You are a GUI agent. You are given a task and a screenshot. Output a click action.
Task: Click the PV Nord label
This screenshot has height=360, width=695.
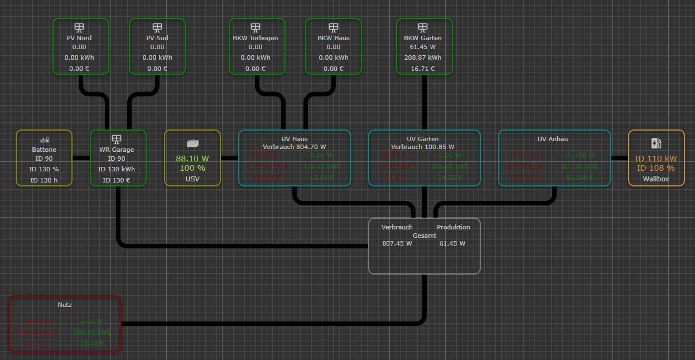click(79, 38)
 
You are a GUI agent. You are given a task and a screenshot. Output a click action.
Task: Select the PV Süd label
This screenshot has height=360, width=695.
click(157, 38)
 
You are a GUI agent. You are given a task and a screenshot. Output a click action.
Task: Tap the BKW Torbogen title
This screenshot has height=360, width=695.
click(255, 38)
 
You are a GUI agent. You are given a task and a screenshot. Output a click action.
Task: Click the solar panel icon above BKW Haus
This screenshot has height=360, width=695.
click(334, 27)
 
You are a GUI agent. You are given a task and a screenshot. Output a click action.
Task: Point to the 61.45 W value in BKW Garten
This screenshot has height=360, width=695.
click(423, 47)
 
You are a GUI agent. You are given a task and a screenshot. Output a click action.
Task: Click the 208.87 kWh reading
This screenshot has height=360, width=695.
click(423, 57)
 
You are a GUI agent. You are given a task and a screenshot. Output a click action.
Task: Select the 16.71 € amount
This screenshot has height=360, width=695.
click(423, 69)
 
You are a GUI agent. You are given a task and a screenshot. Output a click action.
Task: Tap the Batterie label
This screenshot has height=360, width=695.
click(44, 150)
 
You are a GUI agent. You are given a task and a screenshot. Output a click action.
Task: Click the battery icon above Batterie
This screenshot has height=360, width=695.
click(44, 140)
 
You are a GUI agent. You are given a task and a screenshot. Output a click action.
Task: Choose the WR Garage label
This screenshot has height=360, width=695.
click(117, 150)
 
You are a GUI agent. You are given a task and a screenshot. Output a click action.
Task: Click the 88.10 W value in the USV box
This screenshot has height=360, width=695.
click(192, 159)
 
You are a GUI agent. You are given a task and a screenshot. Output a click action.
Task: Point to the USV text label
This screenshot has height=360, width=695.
click(192, 179)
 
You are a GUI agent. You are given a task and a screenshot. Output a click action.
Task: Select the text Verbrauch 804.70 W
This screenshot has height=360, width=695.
click(295, 147)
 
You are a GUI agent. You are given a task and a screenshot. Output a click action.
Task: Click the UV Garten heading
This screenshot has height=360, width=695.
click(423, 139)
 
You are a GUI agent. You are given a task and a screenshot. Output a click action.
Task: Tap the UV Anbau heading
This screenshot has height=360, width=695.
click(553, 139)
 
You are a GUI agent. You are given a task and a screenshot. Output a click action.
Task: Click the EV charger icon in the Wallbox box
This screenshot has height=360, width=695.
click(656, 143)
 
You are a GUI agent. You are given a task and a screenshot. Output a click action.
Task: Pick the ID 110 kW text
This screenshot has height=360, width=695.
click(656, 159)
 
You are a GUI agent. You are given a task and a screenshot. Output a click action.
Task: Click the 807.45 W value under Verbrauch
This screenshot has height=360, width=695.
click(397, 243)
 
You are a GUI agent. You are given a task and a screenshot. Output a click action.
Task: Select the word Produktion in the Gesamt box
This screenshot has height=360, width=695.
click(453, 227)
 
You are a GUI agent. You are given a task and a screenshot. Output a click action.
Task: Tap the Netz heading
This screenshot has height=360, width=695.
click(65, 305)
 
